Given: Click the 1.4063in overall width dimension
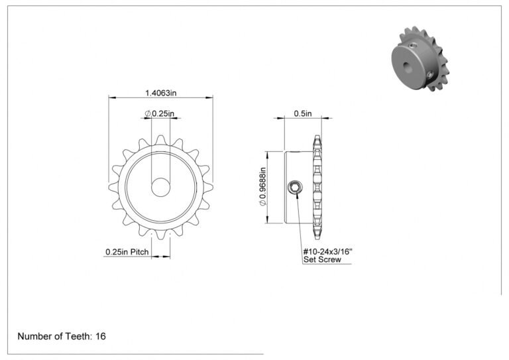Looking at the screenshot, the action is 160,93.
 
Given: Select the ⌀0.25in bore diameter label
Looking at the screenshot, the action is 159,113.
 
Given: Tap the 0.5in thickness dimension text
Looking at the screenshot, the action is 303,113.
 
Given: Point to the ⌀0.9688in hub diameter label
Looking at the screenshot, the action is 262,187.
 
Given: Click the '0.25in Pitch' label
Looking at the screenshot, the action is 127,252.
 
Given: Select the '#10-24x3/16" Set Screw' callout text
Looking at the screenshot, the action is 327,255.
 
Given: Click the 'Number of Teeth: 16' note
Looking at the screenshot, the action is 62,336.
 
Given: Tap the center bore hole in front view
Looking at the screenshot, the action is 160,188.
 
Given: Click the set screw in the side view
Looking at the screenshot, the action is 296,188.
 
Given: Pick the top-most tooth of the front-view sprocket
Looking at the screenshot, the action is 160,141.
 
